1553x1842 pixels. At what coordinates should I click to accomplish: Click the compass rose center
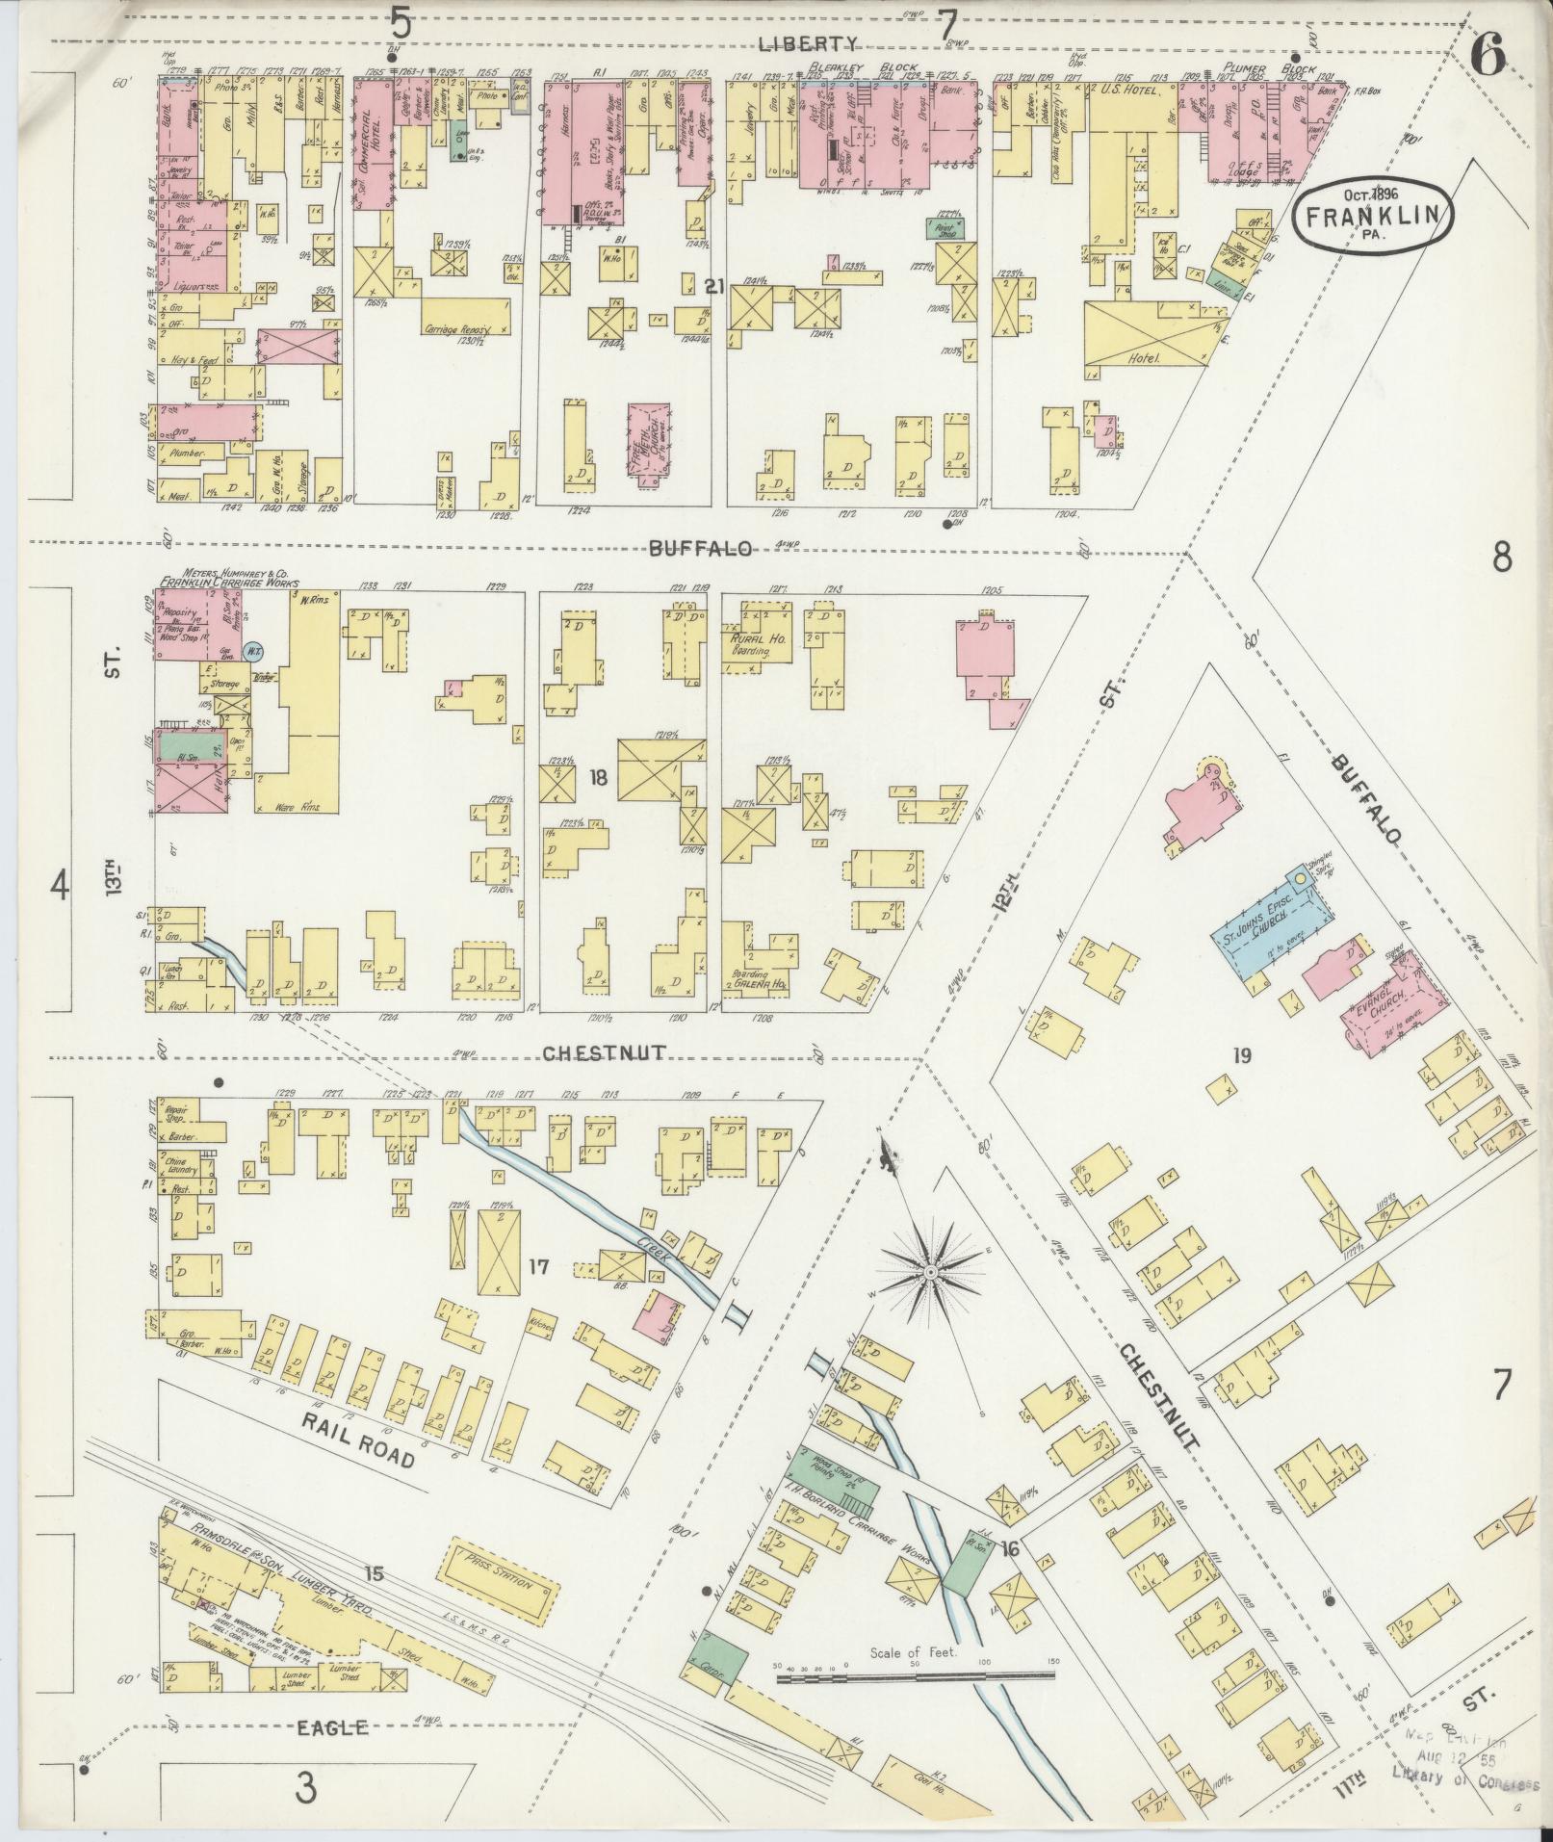[931, 1273]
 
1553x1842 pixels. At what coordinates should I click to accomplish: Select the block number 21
[713, 286]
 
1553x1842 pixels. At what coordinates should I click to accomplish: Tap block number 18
[598, 777]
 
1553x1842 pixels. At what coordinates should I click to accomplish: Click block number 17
[537, 1266]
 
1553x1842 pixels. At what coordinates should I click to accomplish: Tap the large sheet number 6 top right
[1488, 60]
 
